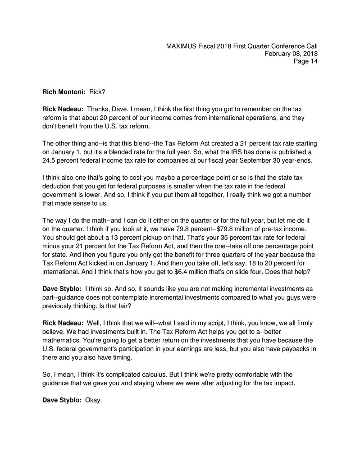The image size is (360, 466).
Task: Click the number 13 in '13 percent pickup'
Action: click(112, 237)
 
